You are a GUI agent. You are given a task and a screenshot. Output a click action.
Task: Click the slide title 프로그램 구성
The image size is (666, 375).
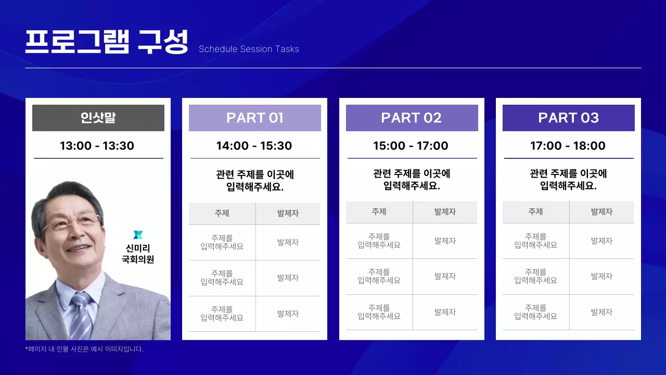click(107, 42)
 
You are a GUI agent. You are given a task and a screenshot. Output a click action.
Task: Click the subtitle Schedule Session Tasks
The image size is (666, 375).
click(249, 49)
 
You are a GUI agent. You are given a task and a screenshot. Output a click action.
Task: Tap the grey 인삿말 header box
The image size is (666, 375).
click(98, 118)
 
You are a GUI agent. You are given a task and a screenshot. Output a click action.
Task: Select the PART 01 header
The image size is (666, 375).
click(255, 118)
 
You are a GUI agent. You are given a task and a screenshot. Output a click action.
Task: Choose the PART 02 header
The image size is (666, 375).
click(412, 118)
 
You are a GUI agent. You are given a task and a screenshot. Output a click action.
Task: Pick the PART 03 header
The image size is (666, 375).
click(569, 118)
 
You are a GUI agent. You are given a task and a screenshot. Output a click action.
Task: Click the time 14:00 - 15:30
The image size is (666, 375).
click(254, 146)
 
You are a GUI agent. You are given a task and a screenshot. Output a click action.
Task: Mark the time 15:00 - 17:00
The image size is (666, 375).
click(411, 146)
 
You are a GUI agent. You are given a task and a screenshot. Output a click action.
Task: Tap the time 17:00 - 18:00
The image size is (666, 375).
click(568, 146)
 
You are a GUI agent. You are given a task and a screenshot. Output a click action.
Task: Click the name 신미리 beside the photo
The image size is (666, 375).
click(138, 248)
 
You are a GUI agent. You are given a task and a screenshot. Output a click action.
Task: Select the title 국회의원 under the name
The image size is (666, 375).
click(138, 259)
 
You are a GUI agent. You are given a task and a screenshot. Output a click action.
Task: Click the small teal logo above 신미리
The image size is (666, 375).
click(138, 235)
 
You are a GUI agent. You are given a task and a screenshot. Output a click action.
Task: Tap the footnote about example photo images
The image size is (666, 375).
click(84, 349)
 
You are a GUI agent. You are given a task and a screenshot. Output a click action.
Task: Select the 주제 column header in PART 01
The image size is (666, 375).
click(222, 214)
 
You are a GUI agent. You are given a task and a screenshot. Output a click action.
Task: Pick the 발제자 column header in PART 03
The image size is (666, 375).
click(602, 212)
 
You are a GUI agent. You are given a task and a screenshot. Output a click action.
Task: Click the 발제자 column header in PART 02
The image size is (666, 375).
click(445, 212)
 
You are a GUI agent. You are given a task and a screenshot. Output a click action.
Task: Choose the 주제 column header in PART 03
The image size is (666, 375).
click(536, 212)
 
